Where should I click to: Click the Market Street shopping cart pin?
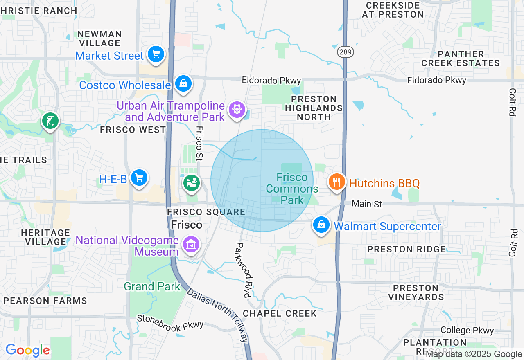click(156, 54)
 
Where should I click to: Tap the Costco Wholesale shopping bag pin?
click(183, 83)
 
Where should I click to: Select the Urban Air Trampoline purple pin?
click(237, 110)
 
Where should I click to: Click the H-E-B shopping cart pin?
click(139, 178)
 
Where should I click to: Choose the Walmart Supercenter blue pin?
click(321, 225)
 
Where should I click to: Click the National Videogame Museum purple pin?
click(191, 245)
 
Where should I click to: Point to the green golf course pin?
click(50, 121)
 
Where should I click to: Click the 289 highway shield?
click(346, 52)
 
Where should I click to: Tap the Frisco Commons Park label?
click(292, 189)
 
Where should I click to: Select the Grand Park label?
click(152, 286)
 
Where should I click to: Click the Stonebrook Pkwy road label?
click(170, 322)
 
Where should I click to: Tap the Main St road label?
click(367, 203)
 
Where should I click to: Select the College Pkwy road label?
click(467, 330)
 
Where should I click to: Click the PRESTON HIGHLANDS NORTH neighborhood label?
click(314, 108)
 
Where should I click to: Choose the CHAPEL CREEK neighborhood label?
click(280, 313)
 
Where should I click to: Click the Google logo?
click(28, 350)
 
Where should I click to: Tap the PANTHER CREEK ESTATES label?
click(461, 59)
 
